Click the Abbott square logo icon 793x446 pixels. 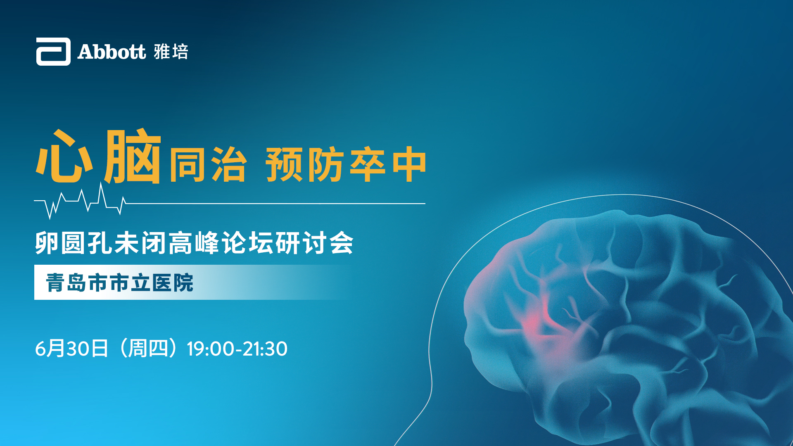point(53,52)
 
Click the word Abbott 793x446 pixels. point(112,52)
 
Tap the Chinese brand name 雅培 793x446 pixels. point(171,52)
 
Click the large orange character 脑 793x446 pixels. point(132,156)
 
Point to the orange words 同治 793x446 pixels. point(208,164)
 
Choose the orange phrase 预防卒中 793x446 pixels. point(346,164)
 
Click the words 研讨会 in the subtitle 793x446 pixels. point(314,243)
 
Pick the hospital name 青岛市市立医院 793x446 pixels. point(120,283)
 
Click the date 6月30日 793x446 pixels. point(72,349)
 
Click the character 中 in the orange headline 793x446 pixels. point(409,164)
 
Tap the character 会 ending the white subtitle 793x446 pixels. point(341,243)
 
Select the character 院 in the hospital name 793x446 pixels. point(183,283)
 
